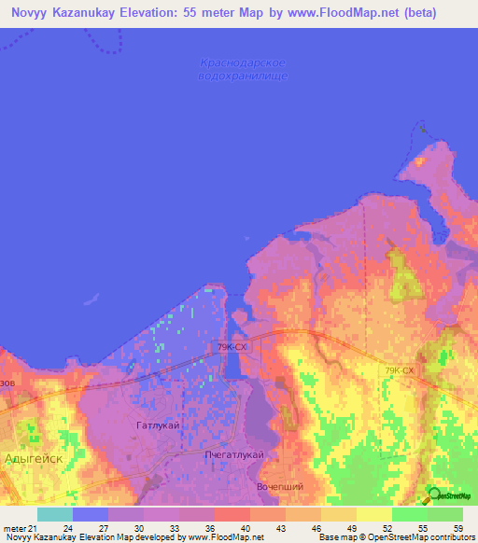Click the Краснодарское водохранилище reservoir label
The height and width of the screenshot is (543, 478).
tap(243, 69)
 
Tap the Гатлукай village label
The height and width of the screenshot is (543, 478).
tap(157, 425)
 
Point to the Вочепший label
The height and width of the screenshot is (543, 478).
tap(279, 487)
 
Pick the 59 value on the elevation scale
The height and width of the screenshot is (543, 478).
tap(457, 528)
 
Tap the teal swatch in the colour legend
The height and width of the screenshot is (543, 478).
tap(54, 514)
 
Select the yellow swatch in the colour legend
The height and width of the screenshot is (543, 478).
tap(374, 514)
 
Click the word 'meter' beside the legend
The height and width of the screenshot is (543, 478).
tap(13, 528)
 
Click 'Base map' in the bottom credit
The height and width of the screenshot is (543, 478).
tap(336, 537)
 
